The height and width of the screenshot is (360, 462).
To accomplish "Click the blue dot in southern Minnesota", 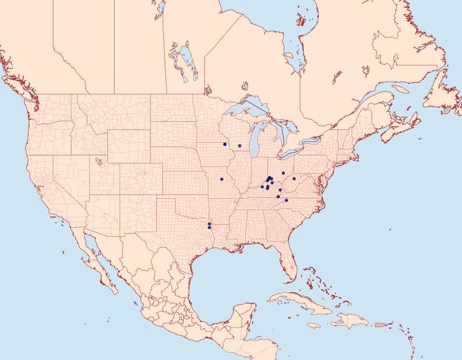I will pos(225,144).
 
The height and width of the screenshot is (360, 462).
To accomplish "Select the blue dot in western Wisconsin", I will pos(240,146).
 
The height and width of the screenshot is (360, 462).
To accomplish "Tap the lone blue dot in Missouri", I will pos(222,179).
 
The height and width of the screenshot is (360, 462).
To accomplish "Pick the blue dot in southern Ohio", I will pos(283,173).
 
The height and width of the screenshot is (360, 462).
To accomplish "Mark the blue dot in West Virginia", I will pos(294,179).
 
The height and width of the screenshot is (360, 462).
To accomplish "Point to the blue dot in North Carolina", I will pos(286,200).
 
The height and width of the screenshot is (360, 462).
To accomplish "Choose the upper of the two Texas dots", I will pos(209,224).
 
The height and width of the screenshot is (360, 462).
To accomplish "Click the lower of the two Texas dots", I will pos(209,228).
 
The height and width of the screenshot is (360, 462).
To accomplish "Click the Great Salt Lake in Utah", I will pos(97,162).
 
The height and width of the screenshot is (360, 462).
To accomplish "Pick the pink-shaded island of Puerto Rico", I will pos(380,324).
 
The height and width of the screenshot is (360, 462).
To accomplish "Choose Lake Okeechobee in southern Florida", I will pos(291,268).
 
